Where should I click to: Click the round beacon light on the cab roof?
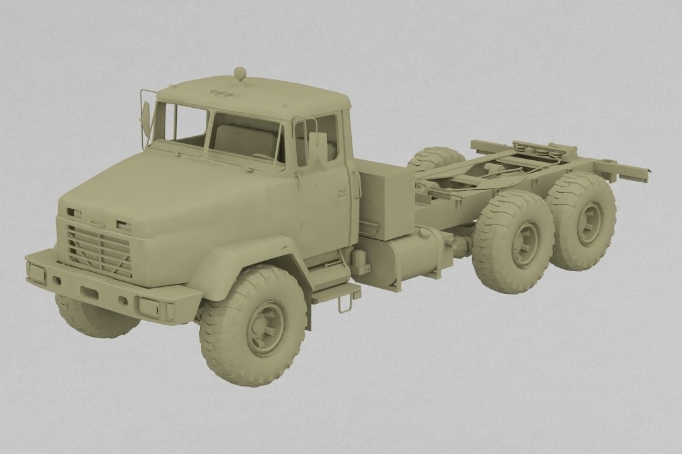[240, 74]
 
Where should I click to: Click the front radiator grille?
[99, 251]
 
